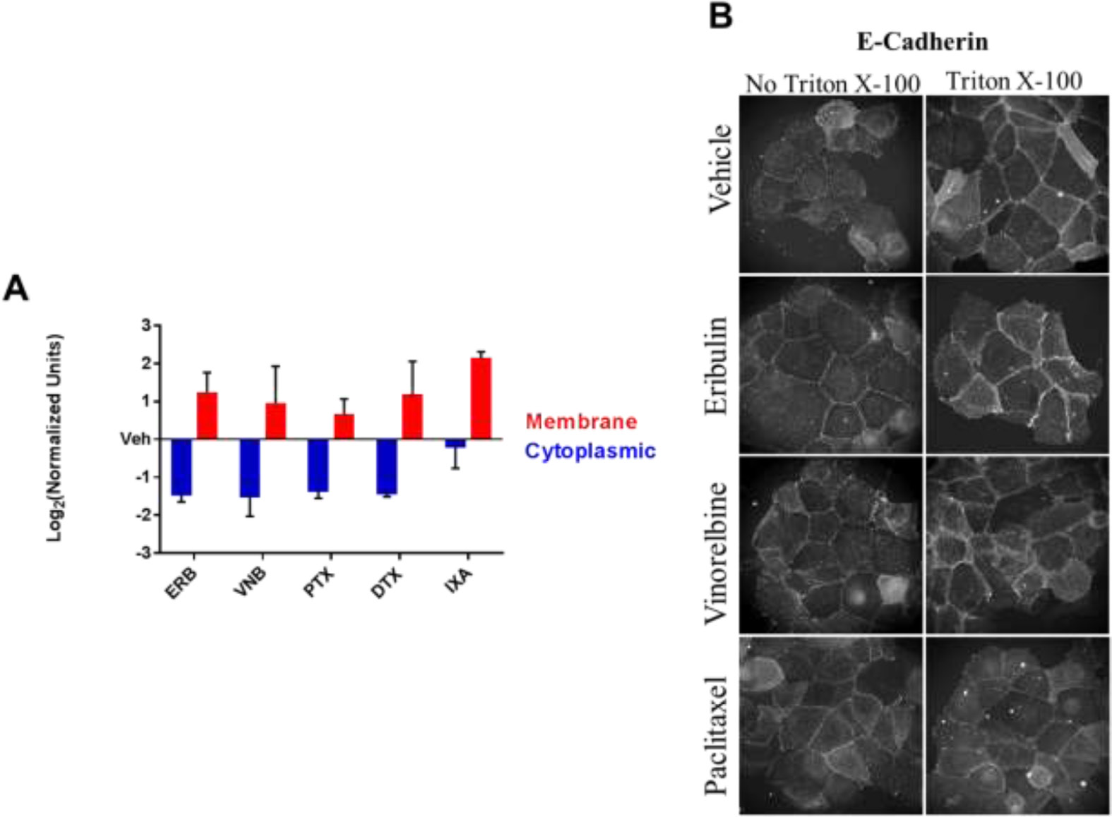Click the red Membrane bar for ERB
pos(207,416)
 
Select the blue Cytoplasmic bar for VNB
pos(250,468)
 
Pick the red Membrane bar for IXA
pos(481,399)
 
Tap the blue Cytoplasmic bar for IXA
pos(455,443)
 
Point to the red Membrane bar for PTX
pos(344,426)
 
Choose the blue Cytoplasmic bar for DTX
pos(387,466)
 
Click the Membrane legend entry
pos(581,422)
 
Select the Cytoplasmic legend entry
pos(590,451)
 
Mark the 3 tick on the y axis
pos(146,325)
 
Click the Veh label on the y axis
pos(135,440)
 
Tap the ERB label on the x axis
pos(181,583)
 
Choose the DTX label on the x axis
pos(387,583)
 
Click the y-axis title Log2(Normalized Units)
pos(54,437)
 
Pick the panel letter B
pos(720,16)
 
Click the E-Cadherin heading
pos(922,42)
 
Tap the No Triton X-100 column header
pos(832,84)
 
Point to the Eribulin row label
pos(716,365)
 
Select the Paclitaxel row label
pos(716,735)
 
